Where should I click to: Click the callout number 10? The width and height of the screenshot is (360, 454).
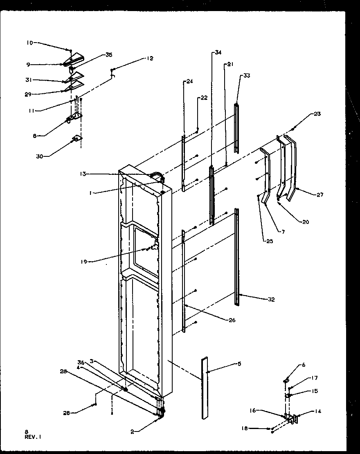click(30, 43)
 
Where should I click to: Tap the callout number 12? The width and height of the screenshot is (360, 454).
click(149, 59)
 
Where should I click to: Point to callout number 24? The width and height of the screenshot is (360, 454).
click(189, 81)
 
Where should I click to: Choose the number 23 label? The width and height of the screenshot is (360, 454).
click(317, 114)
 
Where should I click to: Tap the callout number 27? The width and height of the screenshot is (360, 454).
click(319, 194)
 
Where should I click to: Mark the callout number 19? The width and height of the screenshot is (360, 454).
click(84, 261)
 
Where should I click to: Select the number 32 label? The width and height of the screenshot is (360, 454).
click(271, 300)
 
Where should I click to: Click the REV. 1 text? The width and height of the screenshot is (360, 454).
click(33, 437)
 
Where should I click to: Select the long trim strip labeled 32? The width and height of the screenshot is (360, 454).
click(237, 256)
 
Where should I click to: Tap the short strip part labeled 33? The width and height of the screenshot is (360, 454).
click(236, 128)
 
